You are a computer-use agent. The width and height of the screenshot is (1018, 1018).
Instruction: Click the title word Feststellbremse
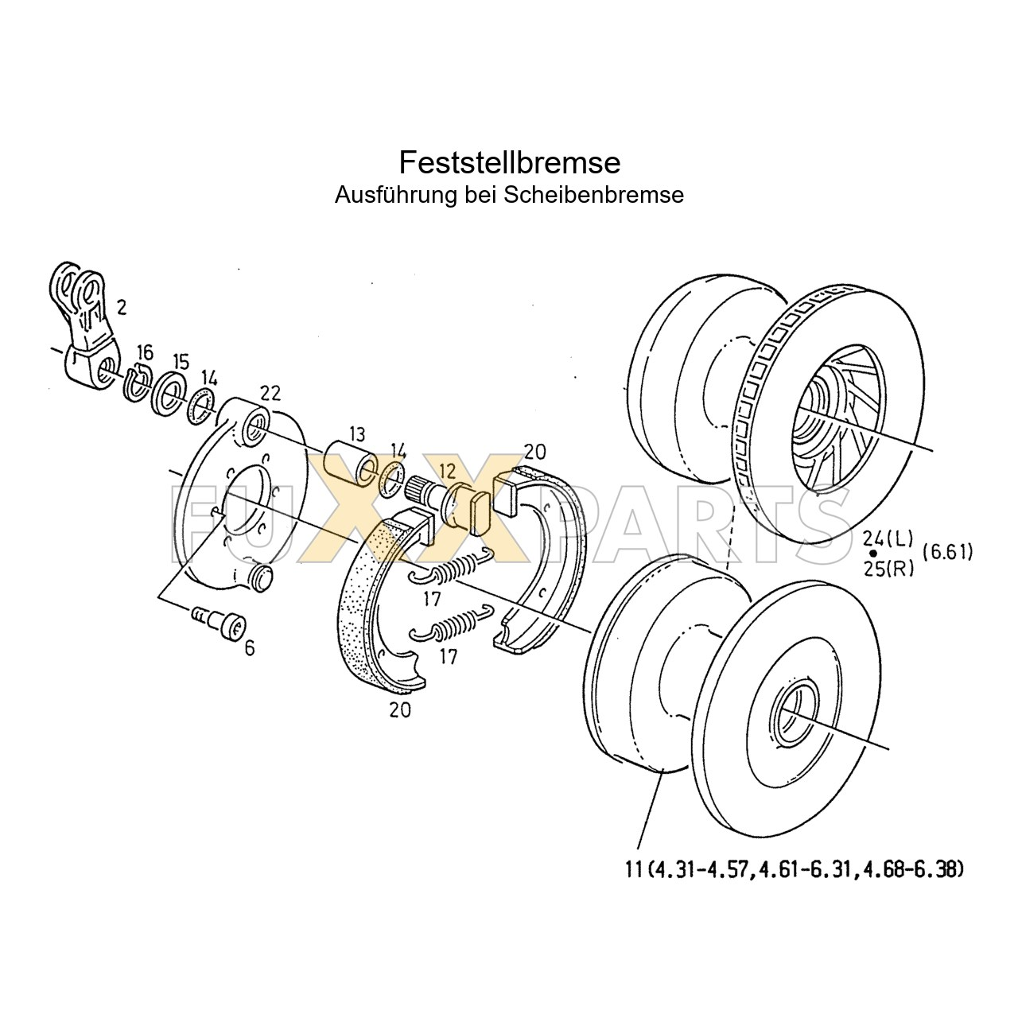tap(509, 162)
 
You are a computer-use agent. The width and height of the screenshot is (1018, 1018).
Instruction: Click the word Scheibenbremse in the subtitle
tap(593, 195)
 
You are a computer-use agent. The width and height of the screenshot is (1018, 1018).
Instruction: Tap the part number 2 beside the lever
tap(121, 308)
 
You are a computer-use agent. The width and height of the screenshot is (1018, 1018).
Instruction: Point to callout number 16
tap(144, 352)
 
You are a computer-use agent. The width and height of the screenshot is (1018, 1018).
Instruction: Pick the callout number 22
tap(270, 393)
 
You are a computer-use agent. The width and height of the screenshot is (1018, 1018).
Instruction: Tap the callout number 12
tap(446, 470)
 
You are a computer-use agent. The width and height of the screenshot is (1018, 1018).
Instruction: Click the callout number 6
tap(250, 648)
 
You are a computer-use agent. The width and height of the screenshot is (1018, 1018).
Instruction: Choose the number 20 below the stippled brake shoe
tap(400, 710)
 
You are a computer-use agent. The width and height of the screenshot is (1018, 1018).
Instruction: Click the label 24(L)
tap(888, 538)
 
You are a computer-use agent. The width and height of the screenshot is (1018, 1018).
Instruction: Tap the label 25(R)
tap(888, 568)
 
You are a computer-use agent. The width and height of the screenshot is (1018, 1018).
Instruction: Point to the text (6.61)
tap(947, 552)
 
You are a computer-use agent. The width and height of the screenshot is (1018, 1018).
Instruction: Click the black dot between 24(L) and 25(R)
tap(872, 553)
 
